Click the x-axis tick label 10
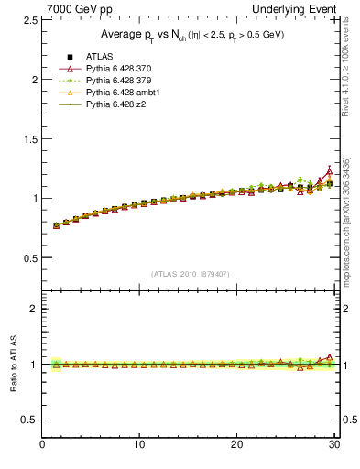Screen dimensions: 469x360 [139, 445]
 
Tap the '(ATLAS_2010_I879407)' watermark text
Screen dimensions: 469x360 [191, 274]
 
